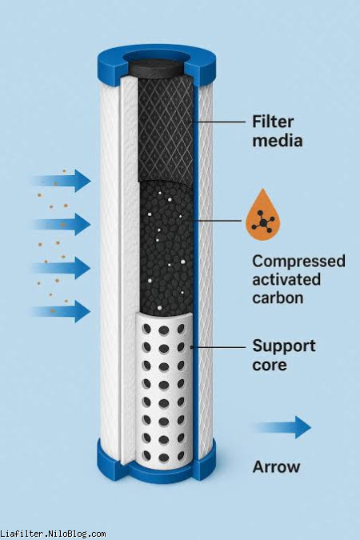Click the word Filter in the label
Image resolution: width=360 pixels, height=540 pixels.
point(273,122)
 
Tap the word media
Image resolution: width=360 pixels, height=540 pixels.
point(278,141)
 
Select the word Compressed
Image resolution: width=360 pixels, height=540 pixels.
point(298,262)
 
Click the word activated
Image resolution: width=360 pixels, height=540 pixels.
point(286,279)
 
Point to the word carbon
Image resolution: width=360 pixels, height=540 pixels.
point(278,298)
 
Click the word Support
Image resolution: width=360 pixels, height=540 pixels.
point(284,346)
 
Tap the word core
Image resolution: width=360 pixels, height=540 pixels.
point(270,365)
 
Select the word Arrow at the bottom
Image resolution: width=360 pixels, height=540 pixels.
point(276,467)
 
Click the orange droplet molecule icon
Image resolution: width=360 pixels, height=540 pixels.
point(263,215)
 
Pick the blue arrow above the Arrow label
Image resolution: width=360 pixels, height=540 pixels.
point(283,427)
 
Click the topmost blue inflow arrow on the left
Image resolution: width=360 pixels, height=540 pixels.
point(62,181)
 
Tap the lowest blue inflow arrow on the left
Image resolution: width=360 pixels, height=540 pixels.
point(62,311)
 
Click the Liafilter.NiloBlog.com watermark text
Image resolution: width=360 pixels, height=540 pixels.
point(53,534)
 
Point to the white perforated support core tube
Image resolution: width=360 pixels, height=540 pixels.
point(164,389)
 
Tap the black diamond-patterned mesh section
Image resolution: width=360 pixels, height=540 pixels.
point(165,129)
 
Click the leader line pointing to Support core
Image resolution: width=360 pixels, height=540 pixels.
point(218,346)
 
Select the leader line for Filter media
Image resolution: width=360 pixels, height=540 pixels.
point(218,122)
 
